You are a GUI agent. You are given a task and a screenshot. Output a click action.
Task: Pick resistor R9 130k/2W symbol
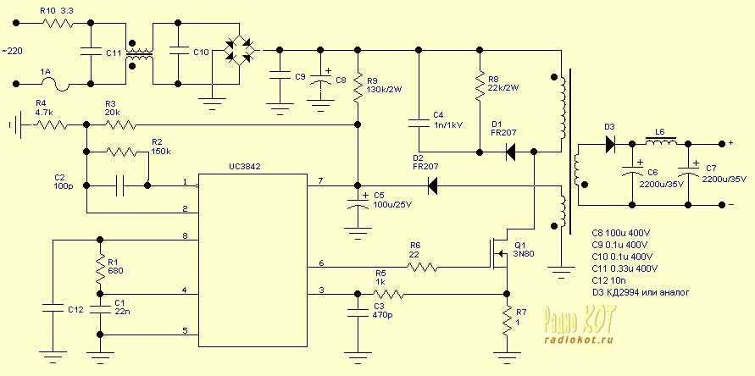coord(358,86)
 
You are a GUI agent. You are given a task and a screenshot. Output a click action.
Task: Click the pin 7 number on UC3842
coord(320,181)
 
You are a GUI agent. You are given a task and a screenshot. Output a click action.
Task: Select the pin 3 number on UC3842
coord(320,290)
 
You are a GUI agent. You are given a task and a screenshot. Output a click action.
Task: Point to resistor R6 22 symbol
coord(421,267)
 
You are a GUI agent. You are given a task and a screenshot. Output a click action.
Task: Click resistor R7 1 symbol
coord(507,319)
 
